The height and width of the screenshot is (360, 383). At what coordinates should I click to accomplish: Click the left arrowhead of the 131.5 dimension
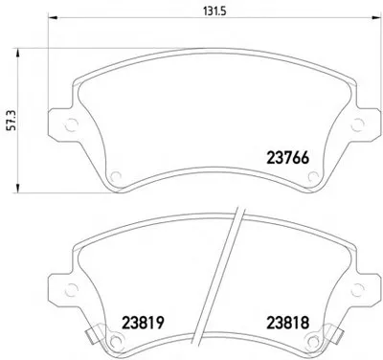point(53,19)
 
